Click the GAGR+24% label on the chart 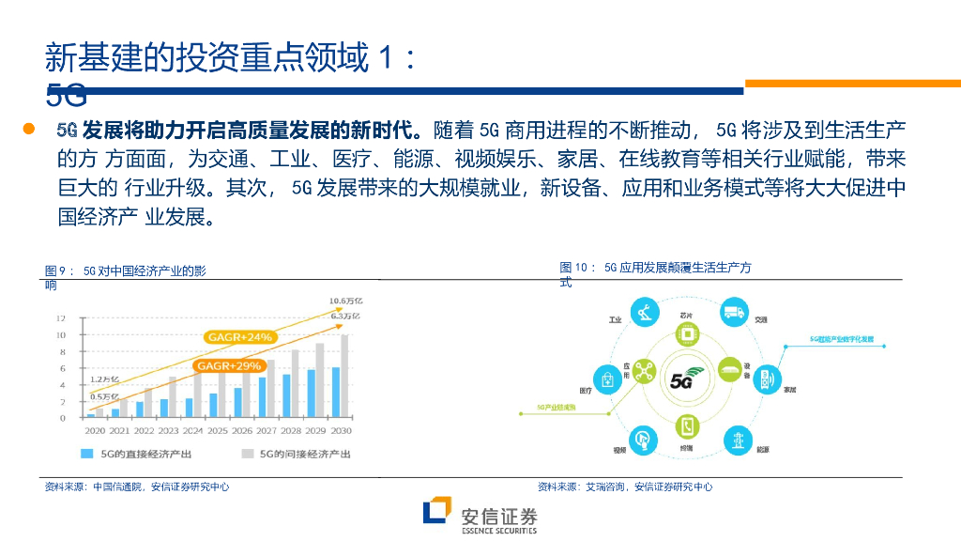[x=240, y=336]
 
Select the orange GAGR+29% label [x=230, y=365]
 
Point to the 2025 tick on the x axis [x=218, y=431]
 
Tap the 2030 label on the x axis [x=342, y=431]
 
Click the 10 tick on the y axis [x=61, y=335]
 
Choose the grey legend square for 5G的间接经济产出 [x=247, y=454]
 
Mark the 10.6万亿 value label [x=345, y=301]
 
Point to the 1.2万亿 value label [x=104, y=379]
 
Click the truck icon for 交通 [x=734, y=314]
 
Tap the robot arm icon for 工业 [x=645, y=314]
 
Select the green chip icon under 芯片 [x=688, y=333]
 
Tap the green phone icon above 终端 [x=688, y=426]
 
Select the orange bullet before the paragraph [x=28, y=129]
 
